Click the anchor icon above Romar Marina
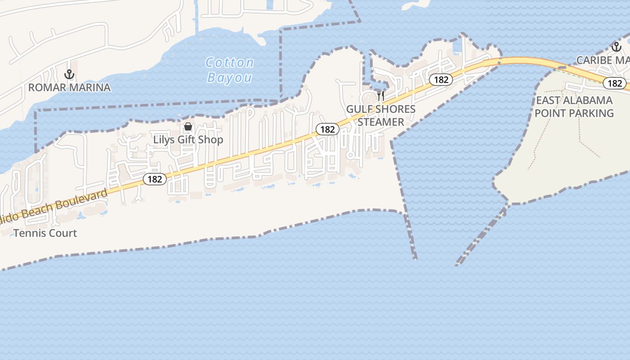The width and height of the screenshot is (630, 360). pyautogui.click(x=69, y=74)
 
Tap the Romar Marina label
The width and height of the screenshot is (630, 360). pyautogui.click(x=69, y=87)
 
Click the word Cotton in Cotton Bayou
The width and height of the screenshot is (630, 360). pyautogui.click(x=229, y=63)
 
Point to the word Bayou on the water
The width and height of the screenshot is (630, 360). pyautogui.click(x=229, y=78)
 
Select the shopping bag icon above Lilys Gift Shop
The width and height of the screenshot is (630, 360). pyautogui.click(x=188, y=127)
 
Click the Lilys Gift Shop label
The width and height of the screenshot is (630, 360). pyautogui.click(x=188, y=139)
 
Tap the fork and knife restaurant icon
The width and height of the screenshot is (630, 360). pyautogui.click(x=381, y=95)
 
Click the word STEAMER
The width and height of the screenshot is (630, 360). pyautogui.click(x=381, y=122)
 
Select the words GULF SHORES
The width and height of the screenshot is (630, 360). pyautogui.click(x=381, y=109)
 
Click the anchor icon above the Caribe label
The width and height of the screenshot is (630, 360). pyautogui.click(x=616, y=46)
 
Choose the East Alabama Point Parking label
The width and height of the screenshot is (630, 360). pyautogui.click(x=574, y=106)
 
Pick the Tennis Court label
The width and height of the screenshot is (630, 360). pyautogui.click(x=45, y=233)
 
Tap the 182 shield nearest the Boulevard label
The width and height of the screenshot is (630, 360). pyautogui.click(x=155, y=179)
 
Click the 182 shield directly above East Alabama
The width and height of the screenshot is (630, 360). pyautogui.click(x=615, y=83)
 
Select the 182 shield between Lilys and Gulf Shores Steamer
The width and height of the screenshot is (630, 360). pyautogui.click(x=327, y=129)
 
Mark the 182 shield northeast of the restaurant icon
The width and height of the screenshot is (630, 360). pyautogui.click(x=441, y=80)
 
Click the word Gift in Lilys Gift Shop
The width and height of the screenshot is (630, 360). pyautogui.click(x=188, y=139)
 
